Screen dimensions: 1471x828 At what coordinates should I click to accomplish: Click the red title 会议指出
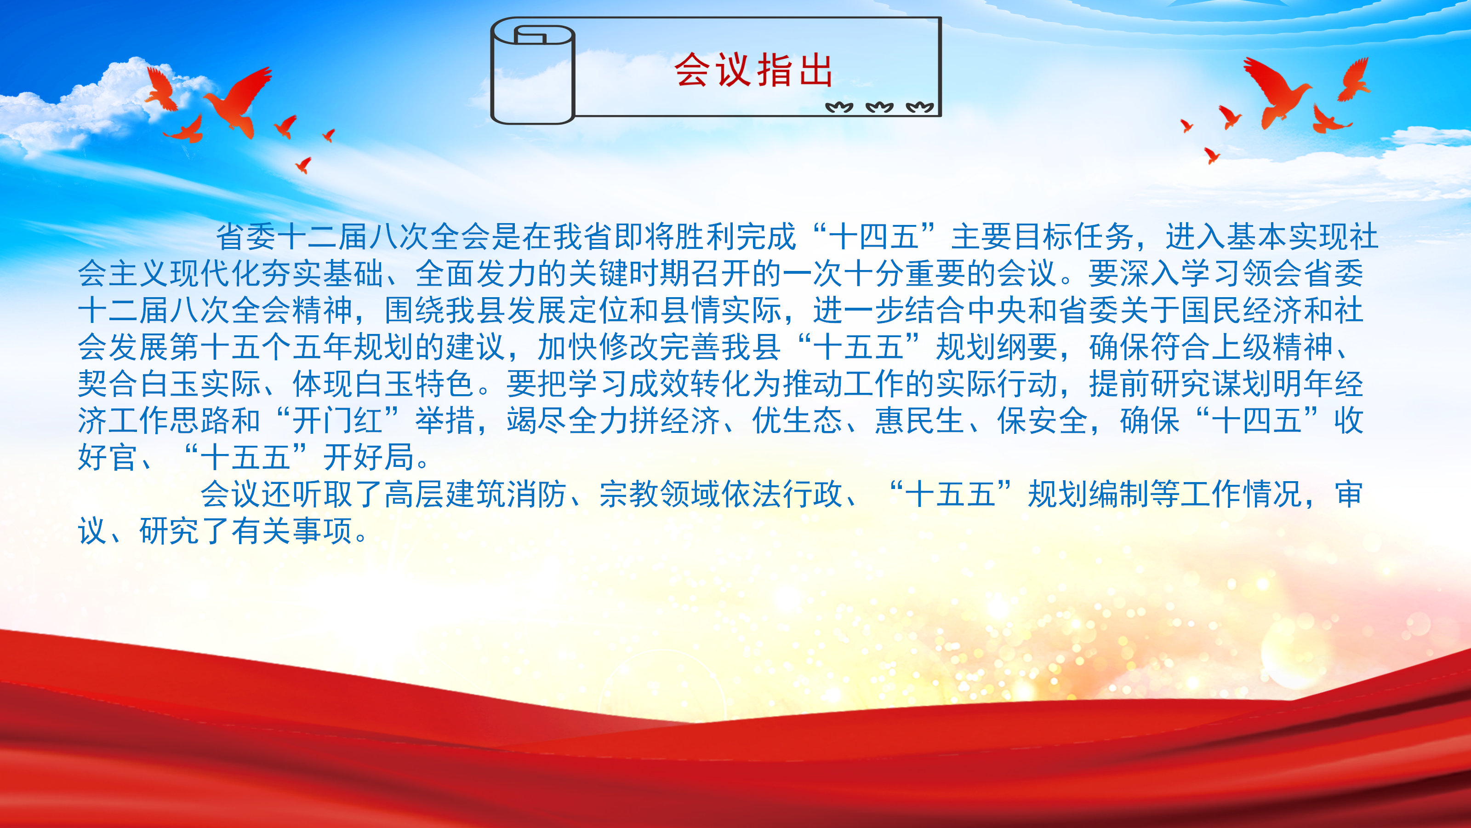pos(753,70)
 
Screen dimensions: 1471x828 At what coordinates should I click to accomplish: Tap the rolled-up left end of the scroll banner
pos(533,71)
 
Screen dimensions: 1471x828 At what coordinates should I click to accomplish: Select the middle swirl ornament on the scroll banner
pos(879,107)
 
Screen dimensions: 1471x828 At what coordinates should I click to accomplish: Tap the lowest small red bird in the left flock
pos(303,165)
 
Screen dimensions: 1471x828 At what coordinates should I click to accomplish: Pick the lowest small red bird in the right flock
pos(1211,155)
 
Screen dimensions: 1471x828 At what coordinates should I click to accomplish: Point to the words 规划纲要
pos(997,347)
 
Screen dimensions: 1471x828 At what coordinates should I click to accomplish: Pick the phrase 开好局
pos(368,457)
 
